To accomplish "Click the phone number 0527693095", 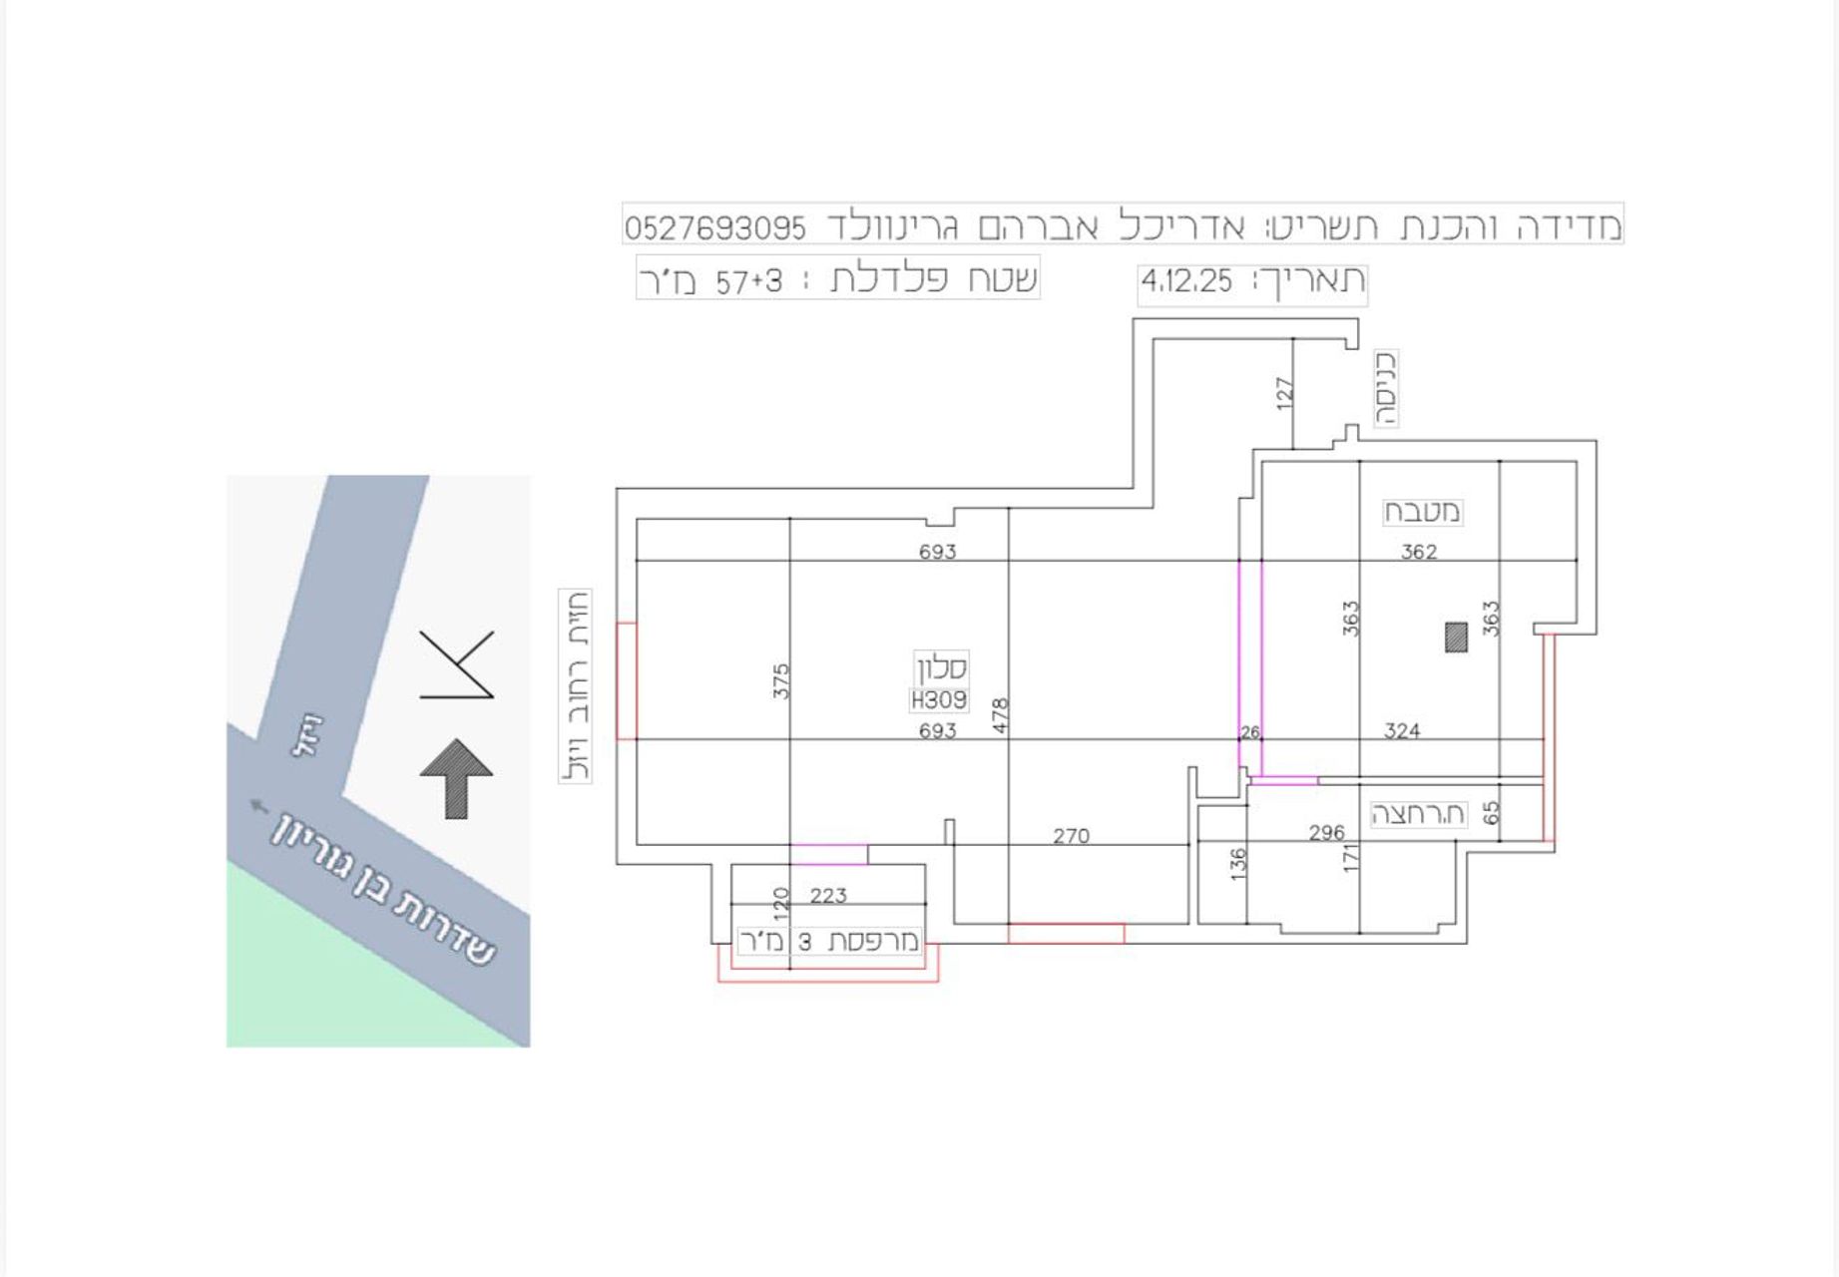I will tap(715, 228).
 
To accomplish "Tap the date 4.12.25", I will tap(1186, 282).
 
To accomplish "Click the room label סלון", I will tap(941, 667).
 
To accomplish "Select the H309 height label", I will tap(939, 700).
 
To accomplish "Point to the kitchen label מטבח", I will tap(1422, 513).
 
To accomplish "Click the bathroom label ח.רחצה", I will tap(1418, 814).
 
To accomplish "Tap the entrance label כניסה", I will tap(1385, 388).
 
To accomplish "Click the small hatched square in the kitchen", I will tap(1456, 637).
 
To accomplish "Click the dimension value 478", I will tap(1001, 716).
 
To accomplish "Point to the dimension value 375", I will tap(780, 680).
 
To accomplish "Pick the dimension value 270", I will tap(1071, 836).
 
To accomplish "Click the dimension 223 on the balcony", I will tap(828, 896).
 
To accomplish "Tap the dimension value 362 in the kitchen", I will tap(1418, 552).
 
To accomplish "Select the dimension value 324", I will tap(1401, 731).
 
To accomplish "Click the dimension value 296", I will tap(1326, 833).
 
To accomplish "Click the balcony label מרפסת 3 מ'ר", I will tap(829, 942).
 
